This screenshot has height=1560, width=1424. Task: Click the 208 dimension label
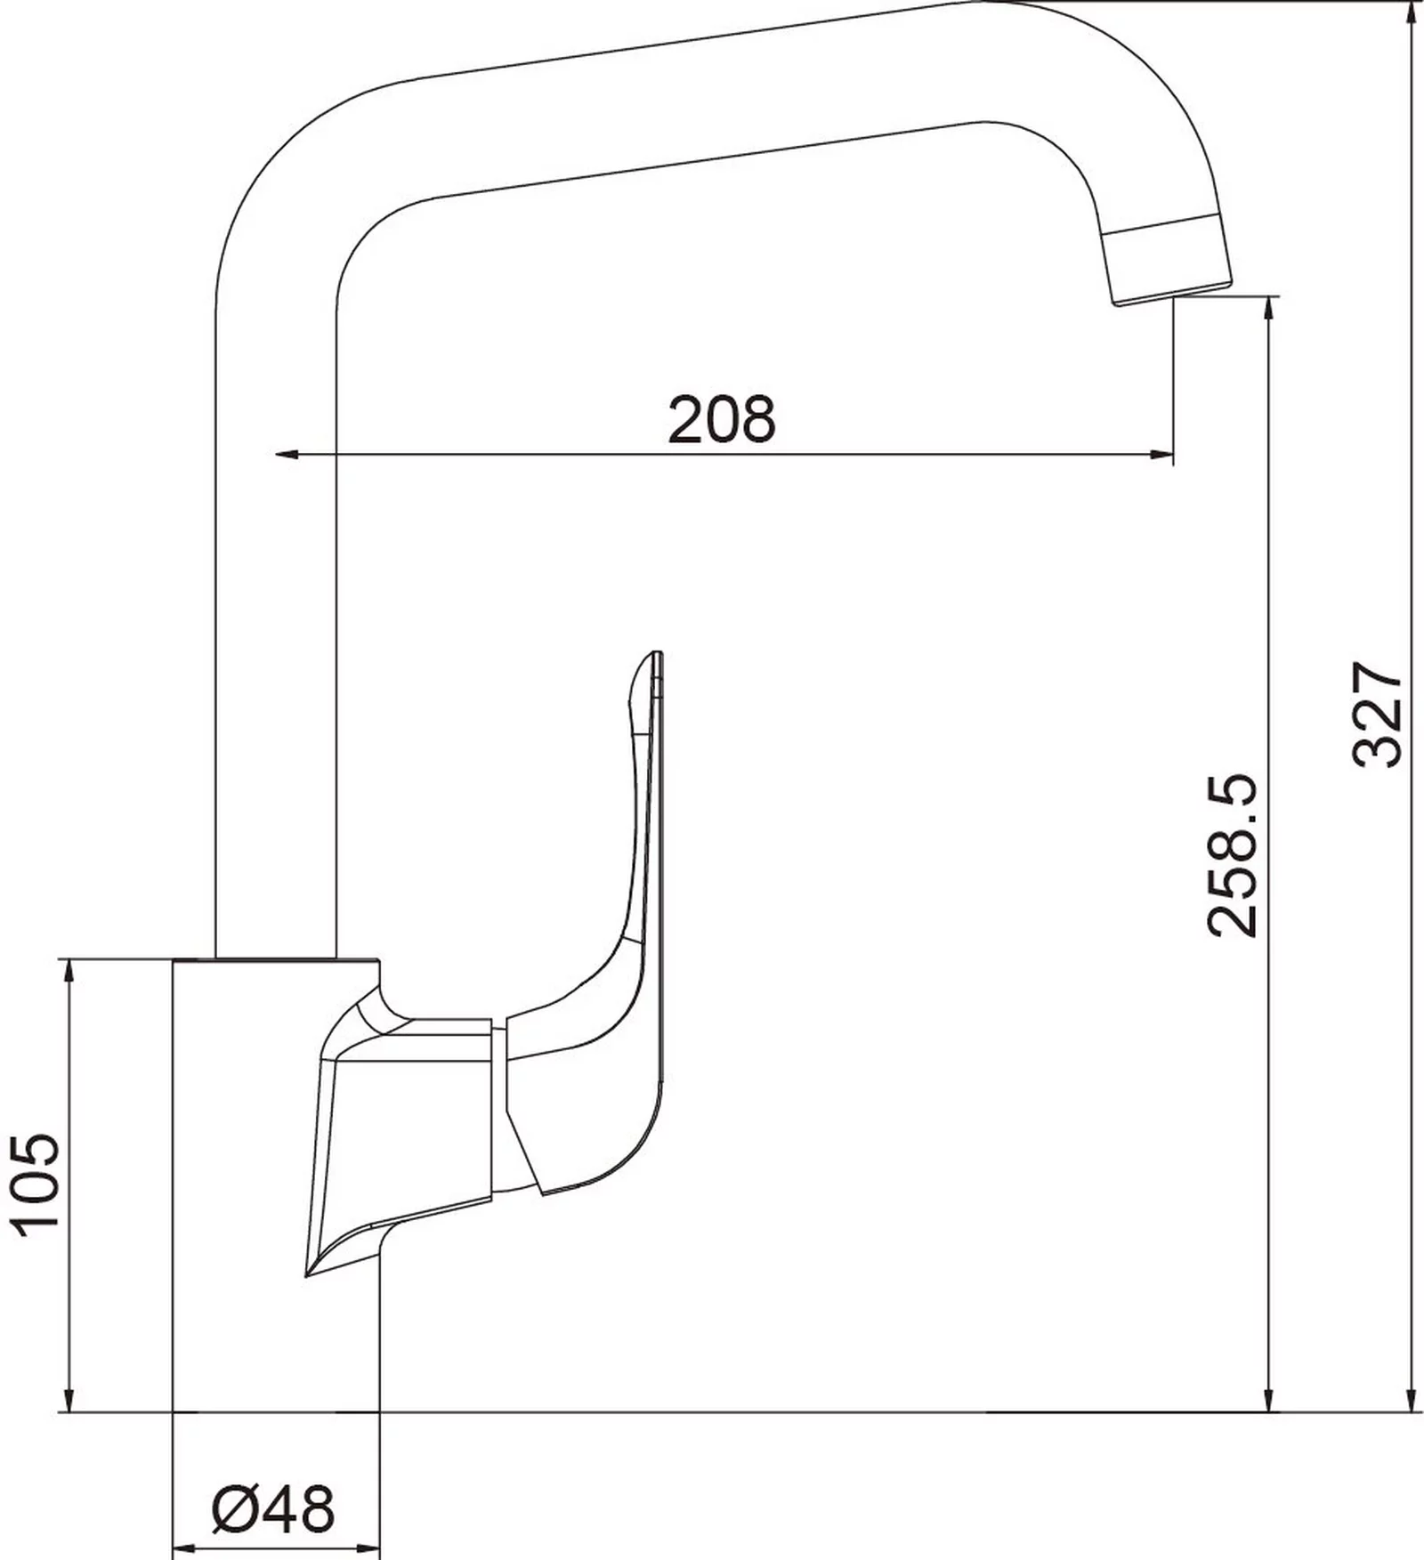[x=722, y=419]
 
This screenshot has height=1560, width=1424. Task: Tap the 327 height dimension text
[x=1378, y=713]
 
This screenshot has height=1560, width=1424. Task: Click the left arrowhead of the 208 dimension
[x=286, y=456]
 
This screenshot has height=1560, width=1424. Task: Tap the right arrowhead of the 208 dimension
[x=1161, y=456]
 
